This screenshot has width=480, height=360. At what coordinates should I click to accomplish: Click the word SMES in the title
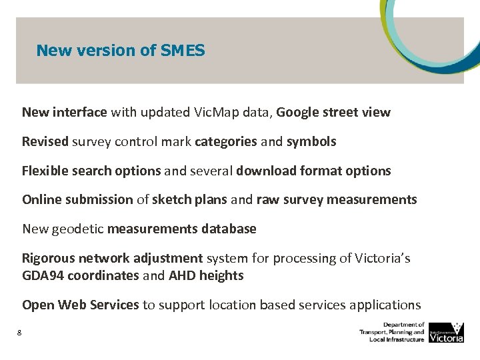(183, 50)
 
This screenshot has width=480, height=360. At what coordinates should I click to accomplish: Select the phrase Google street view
(333, 113)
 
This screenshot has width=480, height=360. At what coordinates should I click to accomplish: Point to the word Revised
(45, 141)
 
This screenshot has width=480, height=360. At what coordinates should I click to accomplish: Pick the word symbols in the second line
(311, 141)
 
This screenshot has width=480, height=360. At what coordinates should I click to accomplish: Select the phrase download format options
(313, 171)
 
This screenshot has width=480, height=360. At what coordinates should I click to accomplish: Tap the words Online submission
(77, 199)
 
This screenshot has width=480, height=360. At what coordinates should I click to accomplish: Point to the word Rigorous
(48, 258)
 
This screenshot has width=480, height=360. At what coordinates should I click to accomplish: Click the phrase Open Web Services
(81, 305)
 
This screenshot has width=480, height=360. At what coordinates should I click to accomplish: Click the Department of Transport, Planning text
(392, 331)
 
